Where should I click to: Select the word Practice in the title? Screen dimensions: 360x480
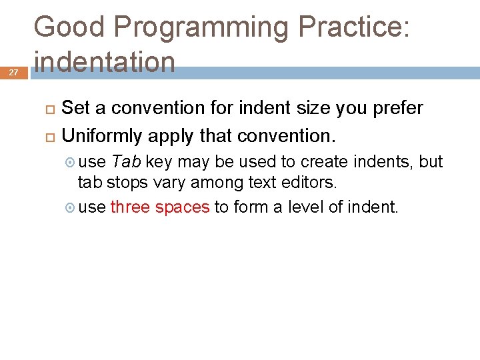click(353, 27)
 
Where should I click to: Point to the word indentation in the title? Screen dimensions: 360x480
click(105, 62)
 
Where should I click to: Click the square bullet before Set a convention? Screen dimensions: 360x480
click(49, 108)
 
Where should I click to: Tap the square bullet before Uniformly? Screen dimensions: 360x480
click(49, 137)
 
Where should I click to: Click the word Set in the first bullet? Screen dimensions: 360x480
click(76, 108)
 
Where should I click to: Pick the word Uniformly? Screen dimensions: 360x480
click(102, 137)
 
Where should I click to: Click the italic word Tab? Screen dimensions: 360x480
click(126, 162)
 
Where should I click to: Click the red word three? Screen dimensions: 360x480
click(130, 207)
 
